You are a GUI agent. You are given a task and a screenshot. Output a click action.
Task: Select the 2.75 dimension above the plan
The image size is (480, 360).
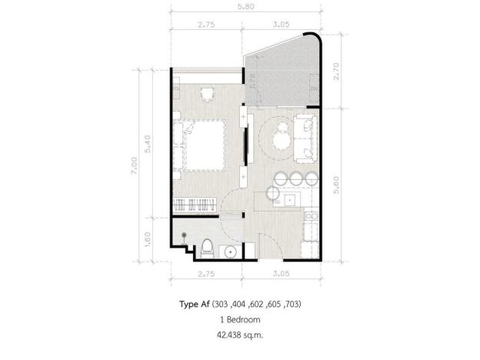coord(205,25)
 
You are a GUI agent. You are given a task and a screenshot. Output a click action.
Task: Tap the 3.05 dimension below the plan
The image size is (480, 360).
coord(282,272)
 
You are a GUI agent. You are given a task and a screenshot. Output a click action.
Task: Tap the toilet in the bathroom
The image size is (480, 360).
coord(208,248)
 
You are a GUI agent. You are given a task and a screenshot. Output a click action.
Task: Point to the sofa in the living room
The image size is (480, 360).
coord(306,138)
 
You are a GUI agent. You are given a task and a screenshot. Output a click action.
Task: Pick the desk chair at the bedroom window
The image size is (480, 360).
coord(206,93)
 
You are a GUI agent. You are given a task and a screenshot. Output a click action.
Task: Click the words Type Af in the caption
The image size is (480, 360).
coord(193,304)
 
